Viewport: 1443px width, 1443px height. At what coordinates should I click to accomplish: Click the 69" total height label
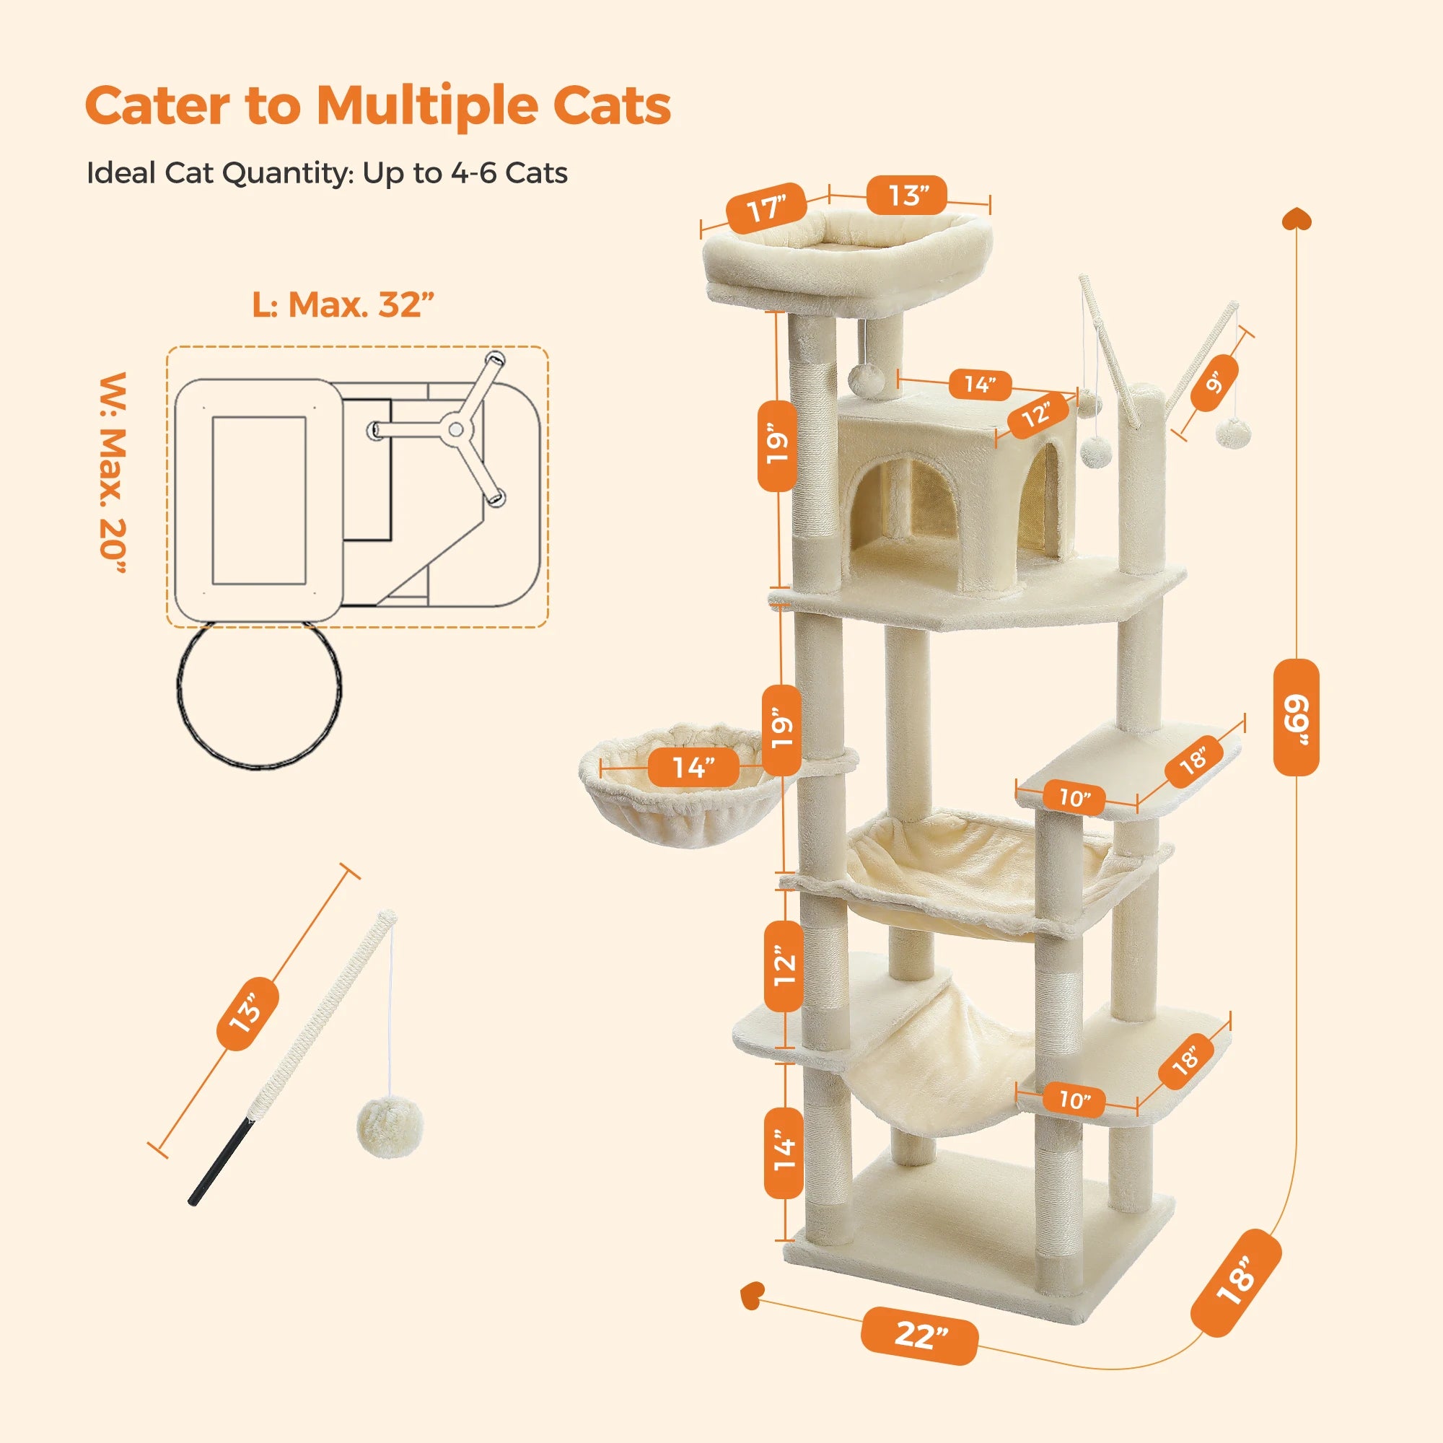[x=1296, y=718]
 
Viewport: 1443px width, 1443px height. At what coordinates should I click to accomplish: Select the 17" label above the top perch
[x=766, y=208]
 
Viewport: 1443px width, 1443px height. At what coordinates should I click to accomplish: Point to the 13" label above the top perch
[x=907, y=196]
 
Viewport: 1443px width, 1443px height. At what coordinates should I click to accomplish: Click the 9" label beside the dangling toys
[x=1215, y=383]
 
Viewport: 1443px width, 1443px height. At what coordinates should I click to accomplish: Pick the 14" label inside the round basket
[x=693, y=767]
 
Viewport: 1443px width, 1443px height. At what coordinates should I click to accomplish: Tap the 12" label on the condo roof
[x=1037, y=413]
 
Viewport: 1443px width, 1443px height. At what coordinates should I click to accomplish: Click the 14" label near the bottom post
[x=784, y=1151]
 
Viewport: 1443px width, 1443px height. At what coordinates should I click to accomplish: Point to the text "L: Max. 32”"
[x=343, y=304]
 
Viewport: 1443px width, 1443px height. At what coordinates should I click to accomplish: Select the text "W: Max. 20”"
[x=113, y=473]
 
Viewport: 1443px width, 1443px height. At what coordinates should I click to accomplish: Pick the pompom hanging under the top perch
[x=867, y=380]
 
